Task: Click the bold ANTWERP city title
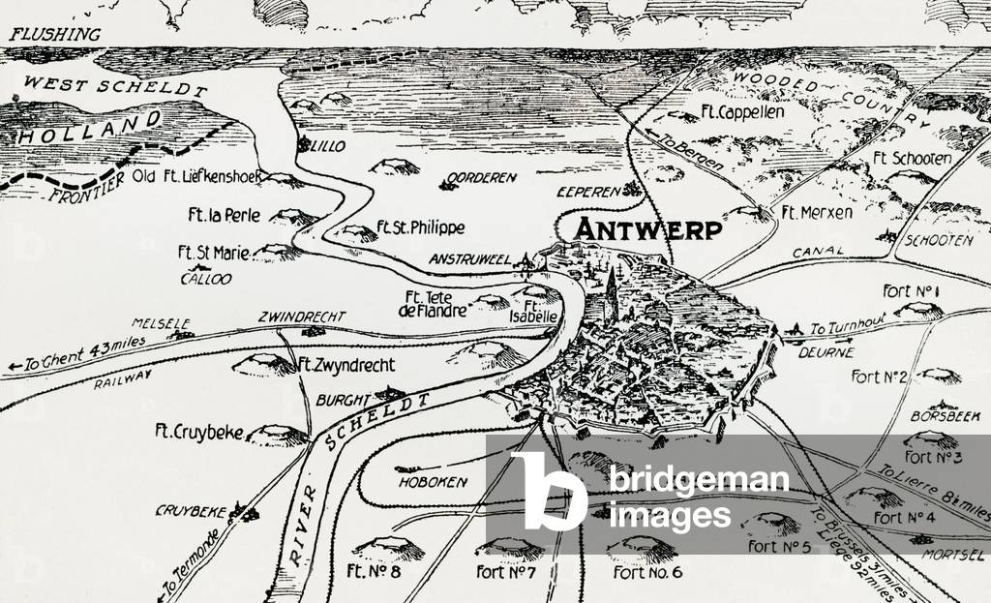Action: (x=649, y=229)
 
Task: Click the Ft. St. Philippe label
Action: (x=421, y=227)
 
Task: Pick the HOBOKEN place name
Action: (x=432, y=481)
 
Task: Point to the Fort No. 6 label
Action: (x=648, y=572)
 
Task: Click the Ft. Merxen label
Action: (x=817, y=213)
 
